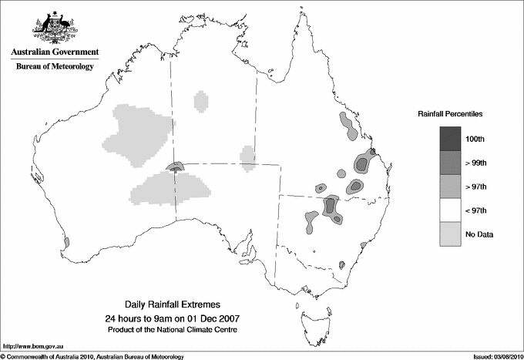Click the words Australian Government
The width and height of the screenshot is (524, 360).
pos(55,52)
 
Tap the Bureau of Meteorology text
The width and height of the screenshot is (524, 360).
pos(55,67)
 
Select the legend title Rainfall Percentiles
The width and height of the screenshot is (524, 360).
pos(450,113)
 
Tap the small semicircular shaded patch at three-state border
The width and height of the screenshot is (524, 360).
pos(177,167)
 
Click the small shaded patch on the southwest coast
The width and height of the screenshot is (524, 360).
pos(66,242)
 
